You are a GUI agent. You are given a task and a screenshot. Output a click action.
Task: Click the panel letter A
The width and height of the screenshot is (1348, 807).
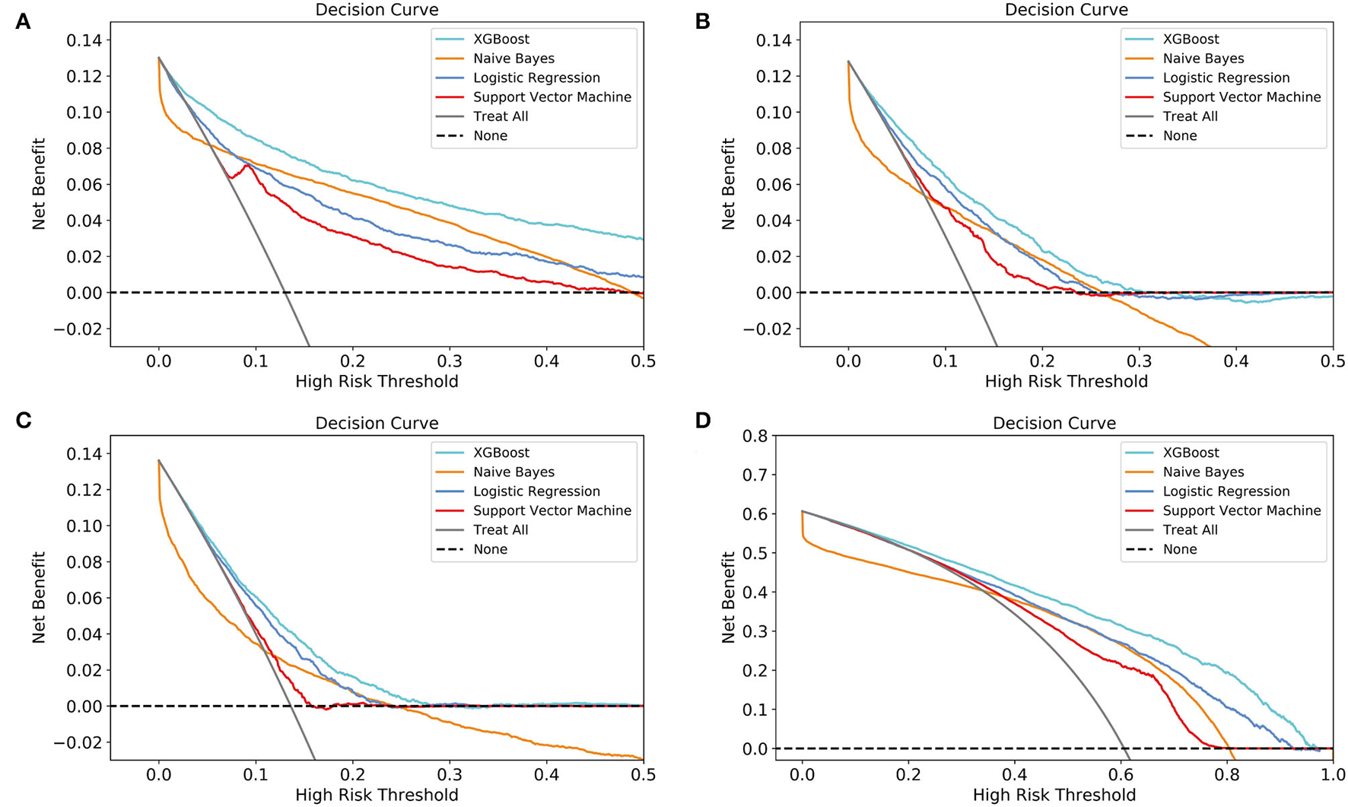pyautogui.click(x=23, y=21)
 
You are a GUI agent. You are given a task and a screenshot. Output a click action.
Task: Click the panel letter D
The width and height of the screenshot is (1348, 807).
pyautogui.click(x=702, y=420)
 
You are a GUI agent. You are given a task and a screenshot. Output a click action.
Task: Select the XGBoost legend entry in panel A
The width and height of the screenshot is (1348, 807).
pyautogui.click(x=501, y=39)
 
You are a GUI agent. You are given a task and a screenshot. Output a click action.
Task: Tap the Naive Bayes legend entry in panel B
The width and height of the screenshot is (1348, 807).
pyautogui.click(x=1203, y=59)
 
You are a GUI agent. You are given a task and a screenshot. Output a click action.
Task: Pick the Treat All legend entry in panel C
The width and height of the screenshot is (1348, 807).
pyautogui.click(x=500, y=530)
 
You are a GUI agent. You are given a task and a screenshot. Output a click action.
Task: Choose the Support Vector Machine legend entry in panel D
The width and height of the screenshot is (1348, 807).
pyautogui.click(x=1241, y=511)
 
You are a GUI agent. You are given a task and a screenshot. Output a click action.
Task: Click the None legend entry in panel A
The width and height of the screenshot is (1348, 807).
pyautogui.click(x=489, y=136)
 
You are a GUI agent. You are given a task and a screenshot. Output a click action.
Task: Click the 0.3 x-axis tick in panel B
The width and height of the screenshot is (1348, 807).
pyautogui.click(x=1140, y=361)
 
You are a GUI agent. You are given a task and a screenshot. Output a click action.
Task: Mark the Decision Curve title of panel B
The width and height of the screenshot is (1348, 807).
pyautogui.click(x=1066, y=10)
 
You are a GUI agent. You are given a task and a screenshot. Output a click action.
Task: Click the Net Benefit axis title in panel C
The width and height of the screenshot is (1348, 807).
pyautogui.click(x=39, y=598)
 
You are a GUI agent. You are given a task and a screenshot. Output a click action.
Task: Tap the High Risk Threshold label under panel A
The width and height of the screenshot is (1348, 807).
pyautogui.click(x=377, y=381)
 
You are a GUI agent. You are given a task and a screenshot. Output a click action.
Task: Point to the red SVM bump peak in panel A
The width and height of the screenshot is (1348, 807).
pyautogui.click(x=247, y=164)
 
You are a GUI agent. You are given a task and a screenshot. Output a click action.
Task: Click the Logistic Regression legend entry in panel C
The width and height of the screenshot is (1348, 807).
pyautogui.click(x=536, y=491)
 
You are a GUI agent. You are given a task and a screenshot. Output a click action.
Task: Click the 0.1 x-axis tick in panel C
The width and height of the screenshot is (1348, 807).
pyautogui.click(x=256, y=774)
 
